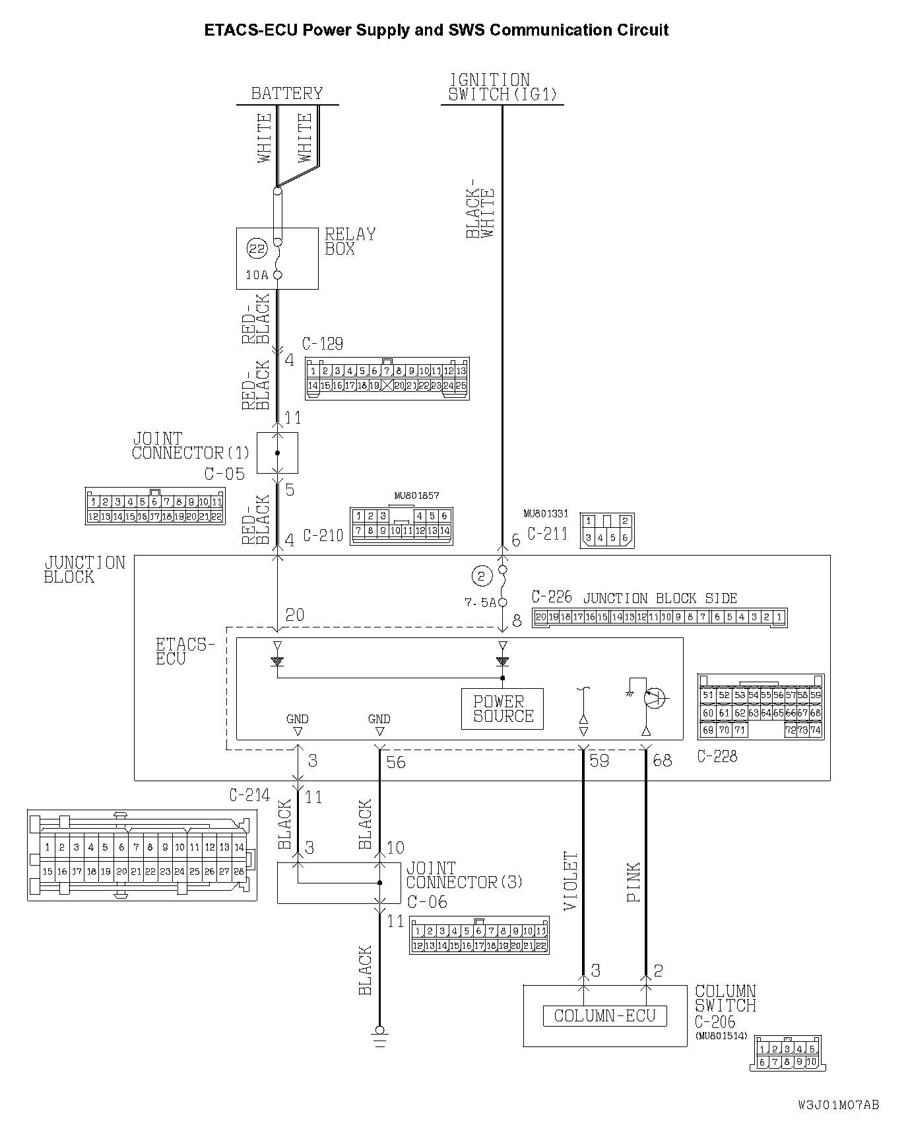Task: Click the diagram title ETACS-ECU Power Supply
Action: coord(436,30)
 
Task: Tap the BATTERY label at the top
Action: coord(287,93)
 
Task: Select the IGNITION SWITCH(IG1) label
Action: coord(502,87)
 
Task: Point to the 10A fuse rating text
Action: coord(257,275)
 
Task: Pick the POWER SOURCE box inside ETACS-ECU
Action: coord(503,709)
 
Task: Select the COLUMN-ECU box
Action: coord(604,1015)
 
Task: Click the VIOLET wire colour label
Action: coord(571,882)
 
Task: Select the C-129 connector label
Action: coord(322,344)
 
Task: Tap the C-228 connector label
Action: coord(717,757)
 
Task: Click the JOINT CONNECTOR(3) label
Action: coord(465,876)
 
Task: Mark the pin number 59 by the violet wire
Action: coord(599,761)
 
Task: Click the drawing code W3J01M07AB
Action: coord(839,1105)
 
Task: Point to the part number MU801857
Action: coord(416,496)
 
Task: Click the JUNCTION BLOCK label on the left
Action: coord(84,569)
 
